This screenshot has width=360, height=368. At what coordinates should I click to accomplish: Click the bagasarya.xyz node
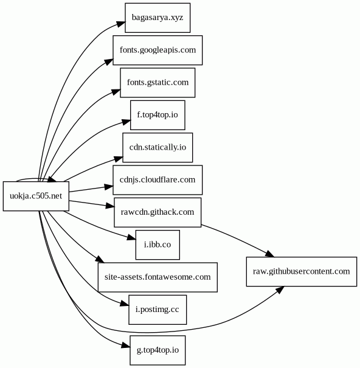[157, 18]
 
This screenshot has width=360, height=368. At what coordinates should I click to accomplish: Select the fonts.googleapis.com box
[157, 50]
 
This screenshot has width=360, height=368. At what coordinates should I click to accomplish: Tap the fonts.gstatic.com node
[157, 83]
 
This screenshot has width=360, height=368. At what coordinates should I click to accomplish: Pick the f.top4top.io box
[157, 115]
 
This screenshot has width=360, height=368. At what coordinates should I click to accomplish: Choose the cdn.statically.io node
[157, 147]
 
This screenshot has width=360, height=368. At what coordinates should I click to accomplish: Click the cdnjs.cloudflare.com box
[157, 180]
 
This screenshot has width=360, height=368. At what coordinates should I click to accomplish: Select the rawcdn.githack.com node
[157, 212]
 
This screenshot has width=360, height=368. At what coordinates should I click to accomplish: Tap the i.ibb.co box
[157, 245]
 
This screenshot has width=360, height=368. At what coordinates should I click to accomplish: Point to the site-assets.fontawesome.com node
[157, 277]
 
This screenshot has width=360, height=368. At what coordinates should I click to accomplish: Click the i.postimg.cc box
[157, 310]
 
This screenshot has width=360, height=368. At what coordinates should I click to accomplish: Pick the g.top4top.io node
[157, 350]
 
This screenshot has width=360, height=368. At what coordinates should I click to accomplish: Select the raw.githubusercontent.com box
[302, 271]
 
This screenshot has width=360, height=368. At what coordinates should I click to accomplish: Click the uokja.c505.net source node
[36, 196]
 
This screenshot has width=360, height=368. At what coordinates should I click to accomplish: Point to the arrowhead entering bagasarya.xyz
[122, 24]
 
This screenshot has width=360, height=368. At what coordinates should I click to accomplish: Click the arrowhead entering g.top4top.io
[126, 345]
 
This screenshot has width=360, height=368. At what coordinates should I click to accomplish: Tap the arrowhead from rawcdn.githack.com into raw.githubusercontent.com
[270, 254]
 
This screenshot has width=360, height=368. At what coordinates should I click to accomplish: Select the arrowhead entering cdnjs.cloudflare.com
[109, 187]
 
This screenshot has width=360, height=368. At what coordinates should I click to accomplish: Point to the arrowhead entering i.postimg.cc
[125, 304]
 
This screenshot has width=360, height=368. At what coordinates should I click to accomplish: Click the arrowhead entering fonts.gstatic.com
[116, 92]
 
